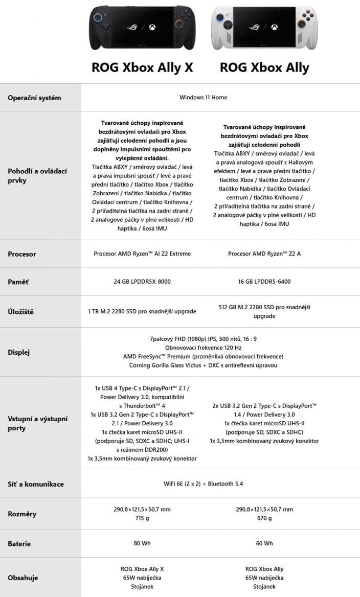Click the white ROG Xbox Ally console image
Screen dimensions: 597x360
click(264, 29)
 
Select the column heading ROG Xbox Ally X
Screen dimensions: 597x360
click(142, 67)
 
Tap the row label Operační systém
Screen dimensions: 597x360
click(34, 98)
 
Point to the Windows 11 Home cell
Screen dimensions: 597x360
click(203, 97)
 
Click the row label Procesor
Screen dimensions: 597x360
click(22, 254)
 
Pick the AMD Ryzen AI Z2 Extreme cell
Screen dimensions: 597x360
click(142, 254)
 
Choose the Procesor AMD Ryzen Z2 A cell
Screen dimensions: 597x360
click(264, 254)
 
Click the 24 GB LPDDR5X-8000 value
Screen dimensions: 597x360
click(142, 282)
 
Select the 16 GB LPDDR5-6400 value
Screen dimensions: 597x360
click(264, 282)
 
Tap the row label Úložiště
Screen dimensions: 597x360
click(21, 311)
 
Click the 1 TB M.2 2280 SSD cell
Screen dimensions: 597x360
click(142, 311)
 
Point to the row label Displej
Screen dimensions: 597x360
click(19, 352)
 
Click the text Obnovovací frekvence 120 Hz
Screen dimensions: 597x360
click(203, 348)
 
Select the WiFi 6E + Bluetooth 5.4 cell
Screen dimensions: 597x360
click(203, 484)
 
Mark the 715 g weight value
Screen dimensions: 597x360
click(142, 519)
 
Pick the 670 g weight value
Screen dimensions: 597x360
click(264, 519)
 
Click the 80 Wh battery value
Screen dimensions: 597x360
click(142, 543)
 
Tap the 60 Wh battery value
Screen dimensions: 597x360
click(264, 543)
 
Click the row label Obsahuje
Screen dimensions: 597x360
click(23, 578)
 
